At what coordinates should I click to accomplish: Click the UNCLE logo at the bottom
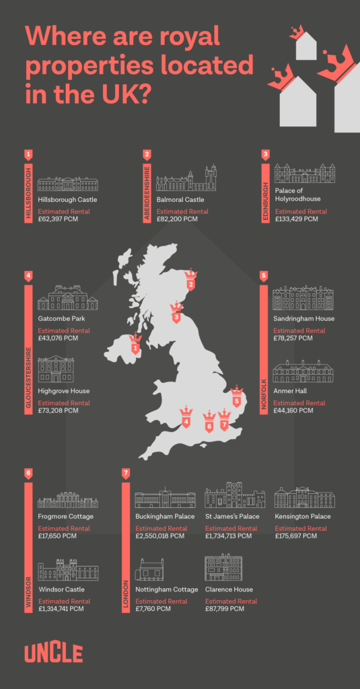pyautogui.click(x=54, y=653)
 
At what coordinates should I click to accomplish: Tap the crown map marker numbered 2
pyautogui.click(x=191, y=280)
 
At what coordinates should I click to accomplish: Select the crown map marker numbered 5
pyautogui.click(x=236, y=397)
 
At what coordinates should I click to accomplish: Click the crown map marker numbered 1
pyautogui.click(x=136, y=344)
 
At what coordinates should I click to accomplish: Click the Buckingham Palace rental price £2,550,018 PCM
pyautogui.click(x=159, y=536)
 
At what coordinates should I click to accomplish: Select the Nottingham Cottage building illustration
pyautogui.click(x=149, y=569)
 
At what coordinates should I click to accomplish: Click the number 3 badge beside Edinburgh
pyautogui.click(x=266, y=154)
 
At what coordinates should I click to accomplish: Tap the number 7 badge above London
pyautogui.click(x=126, y=474)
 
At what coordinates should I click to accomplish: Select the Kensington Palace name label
pyautogui.click(x=302, y=517)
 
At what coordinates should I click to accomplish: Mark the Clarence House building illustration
pyautogui.click(x=223, y=567)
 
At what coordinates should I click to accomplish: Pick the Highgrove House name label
pyautogui.click(x=64, y=391)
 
